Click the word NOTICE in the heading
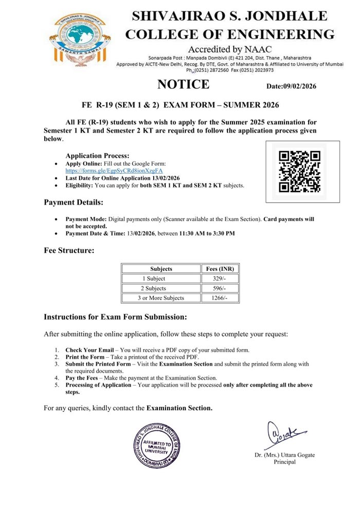pos(183,84)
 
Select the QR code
pos(299,171)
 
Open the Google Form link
pos(114,170)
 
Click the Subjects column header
pos(161,269)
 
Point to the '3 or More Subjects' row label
pos(161,298)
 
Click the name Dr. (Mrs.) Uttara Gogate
pos(284,455)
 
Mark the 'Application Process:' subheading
pos(97,156)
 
